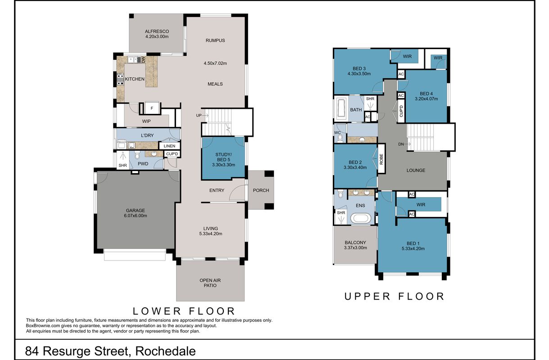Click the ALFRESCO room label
tap(157, 31)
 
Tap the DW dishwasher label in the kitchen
tap(143, 60)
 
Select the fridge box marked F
tap(152, 108)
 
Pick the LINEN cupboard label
tap(169, 146)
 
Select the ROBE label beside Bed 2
tap(381, 159)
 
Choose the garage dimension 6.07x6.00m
tap(136, 216)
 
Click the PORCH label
tap(261, 190)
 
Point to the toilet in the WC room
tap(340, 138)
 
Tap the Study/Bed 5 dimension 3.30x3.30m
tap(223, 165)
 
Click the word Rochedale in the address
tap(165, 351)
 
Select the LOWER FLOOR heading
tap(184, 311)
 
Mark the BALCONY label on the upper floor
tap(355, 243)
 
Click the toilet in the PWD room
tap(137, 155)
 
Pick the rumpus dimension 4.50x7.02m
tap(215, 63)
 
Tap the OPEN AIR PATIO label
tap(210, 283)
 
